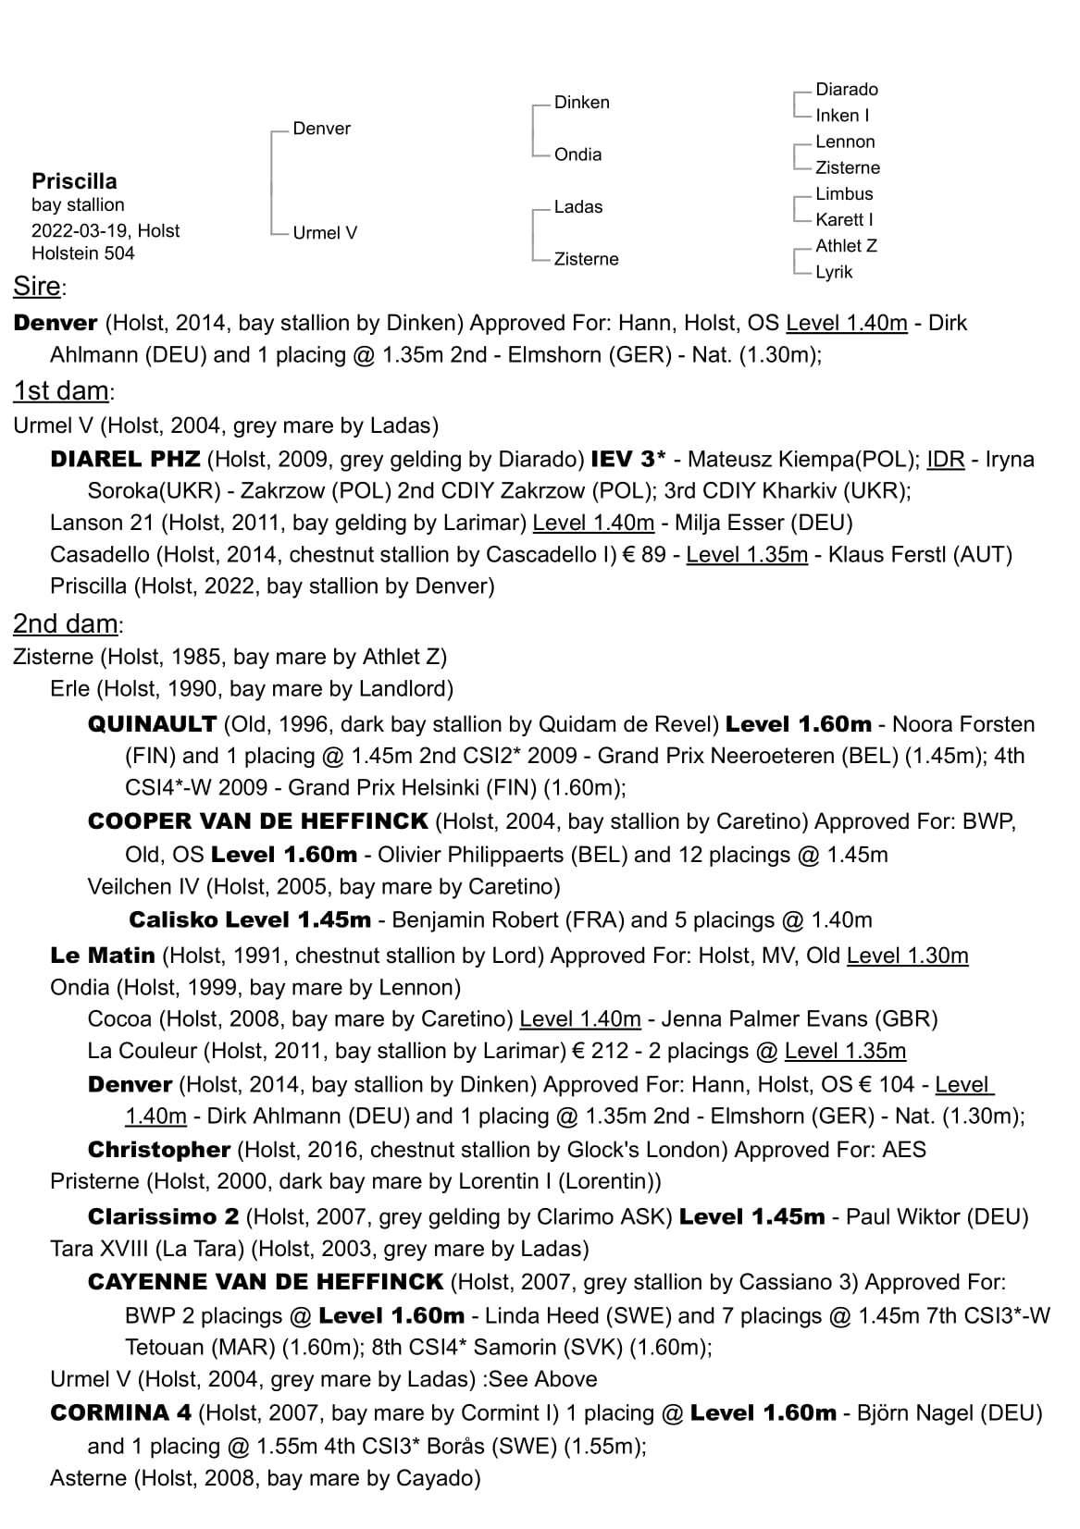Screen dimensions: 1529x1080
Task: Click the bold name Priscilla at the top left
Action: pyautogui.click(x=74, y=180)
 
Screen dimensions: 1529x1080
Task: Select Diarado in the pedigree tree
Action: pyautogui.click(x=846, y=90)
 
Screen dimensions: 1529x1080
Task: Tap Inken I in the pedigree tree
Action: pyautogui.click(x=841, y=116)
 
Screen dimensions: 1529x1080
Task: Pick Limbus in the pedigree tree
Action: pyautogui.click(x=843, y=193)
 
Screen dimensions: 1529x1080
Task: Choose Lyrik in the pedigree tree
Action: pyautogui.click(x=833, y=272)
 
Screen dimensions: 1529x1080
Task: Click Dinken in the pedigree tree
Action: pyautogui.click(x=581, y=103)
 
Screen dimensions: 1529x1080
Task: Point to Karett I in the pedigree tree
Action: pyautogui.click(x=843, y=219)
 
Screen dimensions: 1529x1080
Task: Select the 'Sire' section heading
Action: pyautogui.click(x=37, y=287)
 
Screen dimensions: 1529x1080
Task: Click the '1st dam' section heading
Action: pyautogui.click(x=61, y=391)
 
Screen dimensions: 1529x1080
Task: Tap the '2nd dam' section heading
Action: pyautogui.click(x=65, y=624)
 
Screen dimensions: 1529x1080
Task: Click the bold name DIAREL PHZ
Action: pyautogui.click(x=125, y=460)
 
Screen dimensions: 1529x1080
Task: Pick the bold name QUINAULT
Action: pyautogui.click(x=152, y=724)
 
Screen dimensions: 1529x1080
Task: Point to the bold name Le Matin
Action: pyautogui.click(x=103, y=956)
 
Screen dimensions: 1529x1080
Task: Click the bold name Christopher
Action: pyautogui.click(x=158, y=1150)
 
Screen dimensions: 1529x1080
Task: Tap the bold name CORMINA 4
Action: pyautogui.click(x=120, y=1413)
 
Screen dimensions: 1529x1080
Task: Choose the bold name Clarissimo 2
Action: pyautogui.click(x=163, y=1216)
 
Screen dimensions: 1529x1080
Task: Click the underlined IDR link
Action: pyautogui.click(x=945, y=460)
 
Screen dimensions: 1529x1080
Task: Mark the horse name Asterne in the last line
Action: pyautogui.click(x=89, y=1478)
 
